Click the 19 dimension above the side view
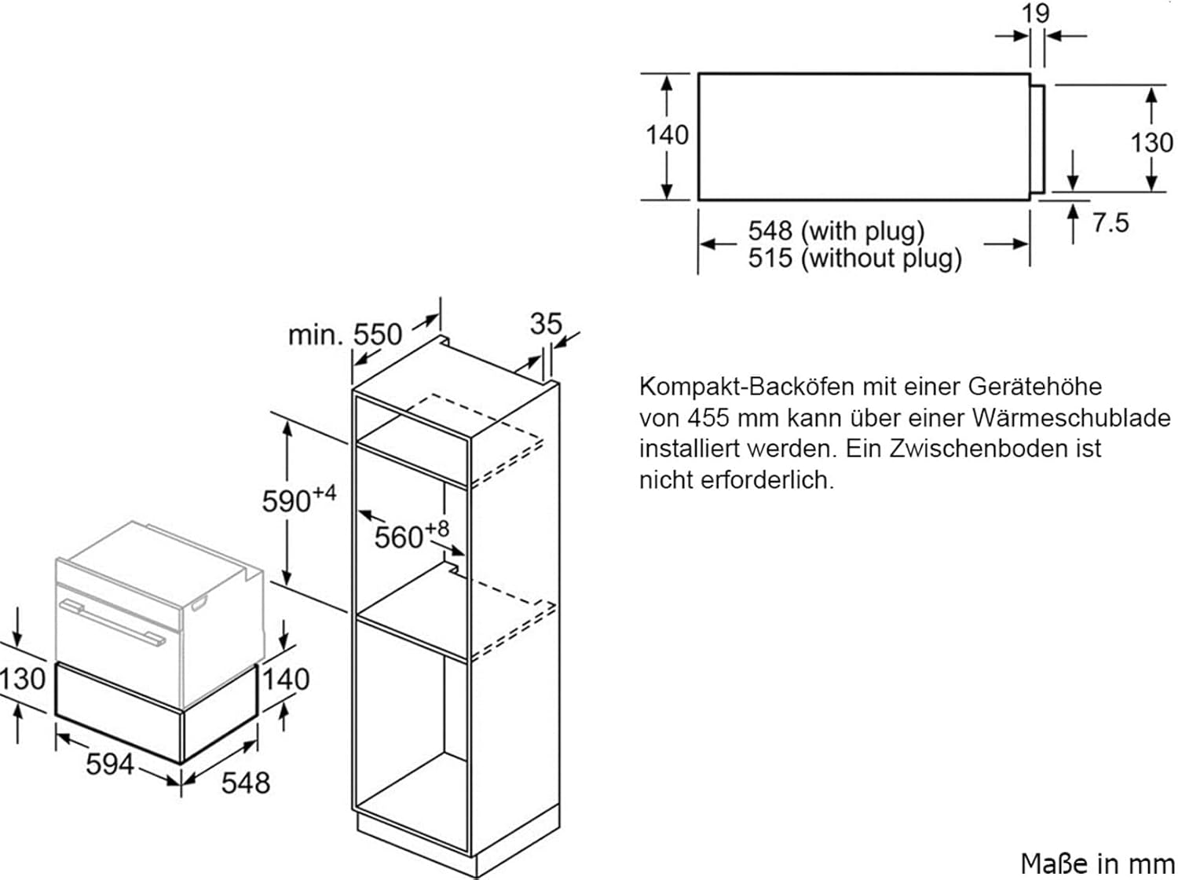[x=1036, y=14]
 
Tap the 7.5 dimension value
[x=1110, y=223]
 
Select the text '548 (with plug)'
[x=836, y=231]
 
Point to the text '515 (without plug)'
[x=854, y=258]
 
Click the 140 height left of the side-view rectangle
[x=667, y=135]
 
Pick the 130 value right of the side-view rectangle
[x=1151, y=143]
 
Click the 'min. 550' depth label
[x=345, y=335]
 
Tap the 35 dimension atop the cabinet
[x=546, y=323]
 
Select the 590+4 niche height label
[x=298, y=500]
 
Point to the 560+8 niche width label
[x=412, y=536]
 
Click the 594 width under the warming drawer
[x=110, y=763]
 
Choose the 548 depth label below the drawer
[x=246, y=783]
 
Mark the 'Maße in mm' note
[x=1096, y=863]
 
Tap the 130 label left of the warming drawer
[x=23, y=679]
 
